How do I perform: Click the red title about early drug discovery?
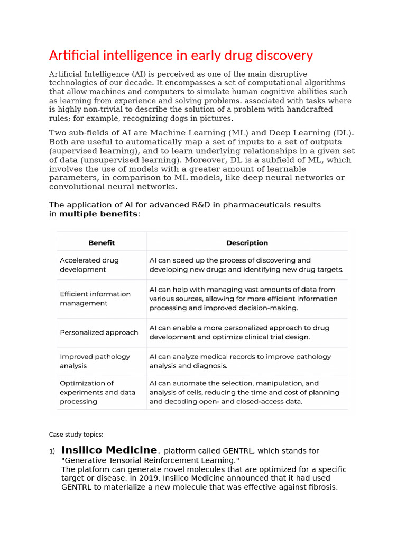coord(181,56)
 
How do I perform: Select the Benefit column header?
coord(101,243)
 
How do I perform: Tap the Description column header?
coord(247,243)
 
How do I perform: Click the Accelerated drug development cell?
coord(89,265)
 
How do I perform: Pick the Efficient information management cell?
coord(95,299)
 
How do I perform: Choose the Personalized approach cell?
coord(99,332)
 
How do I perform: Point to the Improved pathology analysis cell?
coord(95,361)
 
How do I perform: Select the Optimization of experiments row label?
coord(97,392)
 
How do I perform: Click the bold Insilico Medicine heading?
coord(109,450)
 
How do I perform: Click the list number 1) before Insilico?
coord(52,451)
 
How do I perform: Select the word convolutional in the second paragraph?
coord(75,187)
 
